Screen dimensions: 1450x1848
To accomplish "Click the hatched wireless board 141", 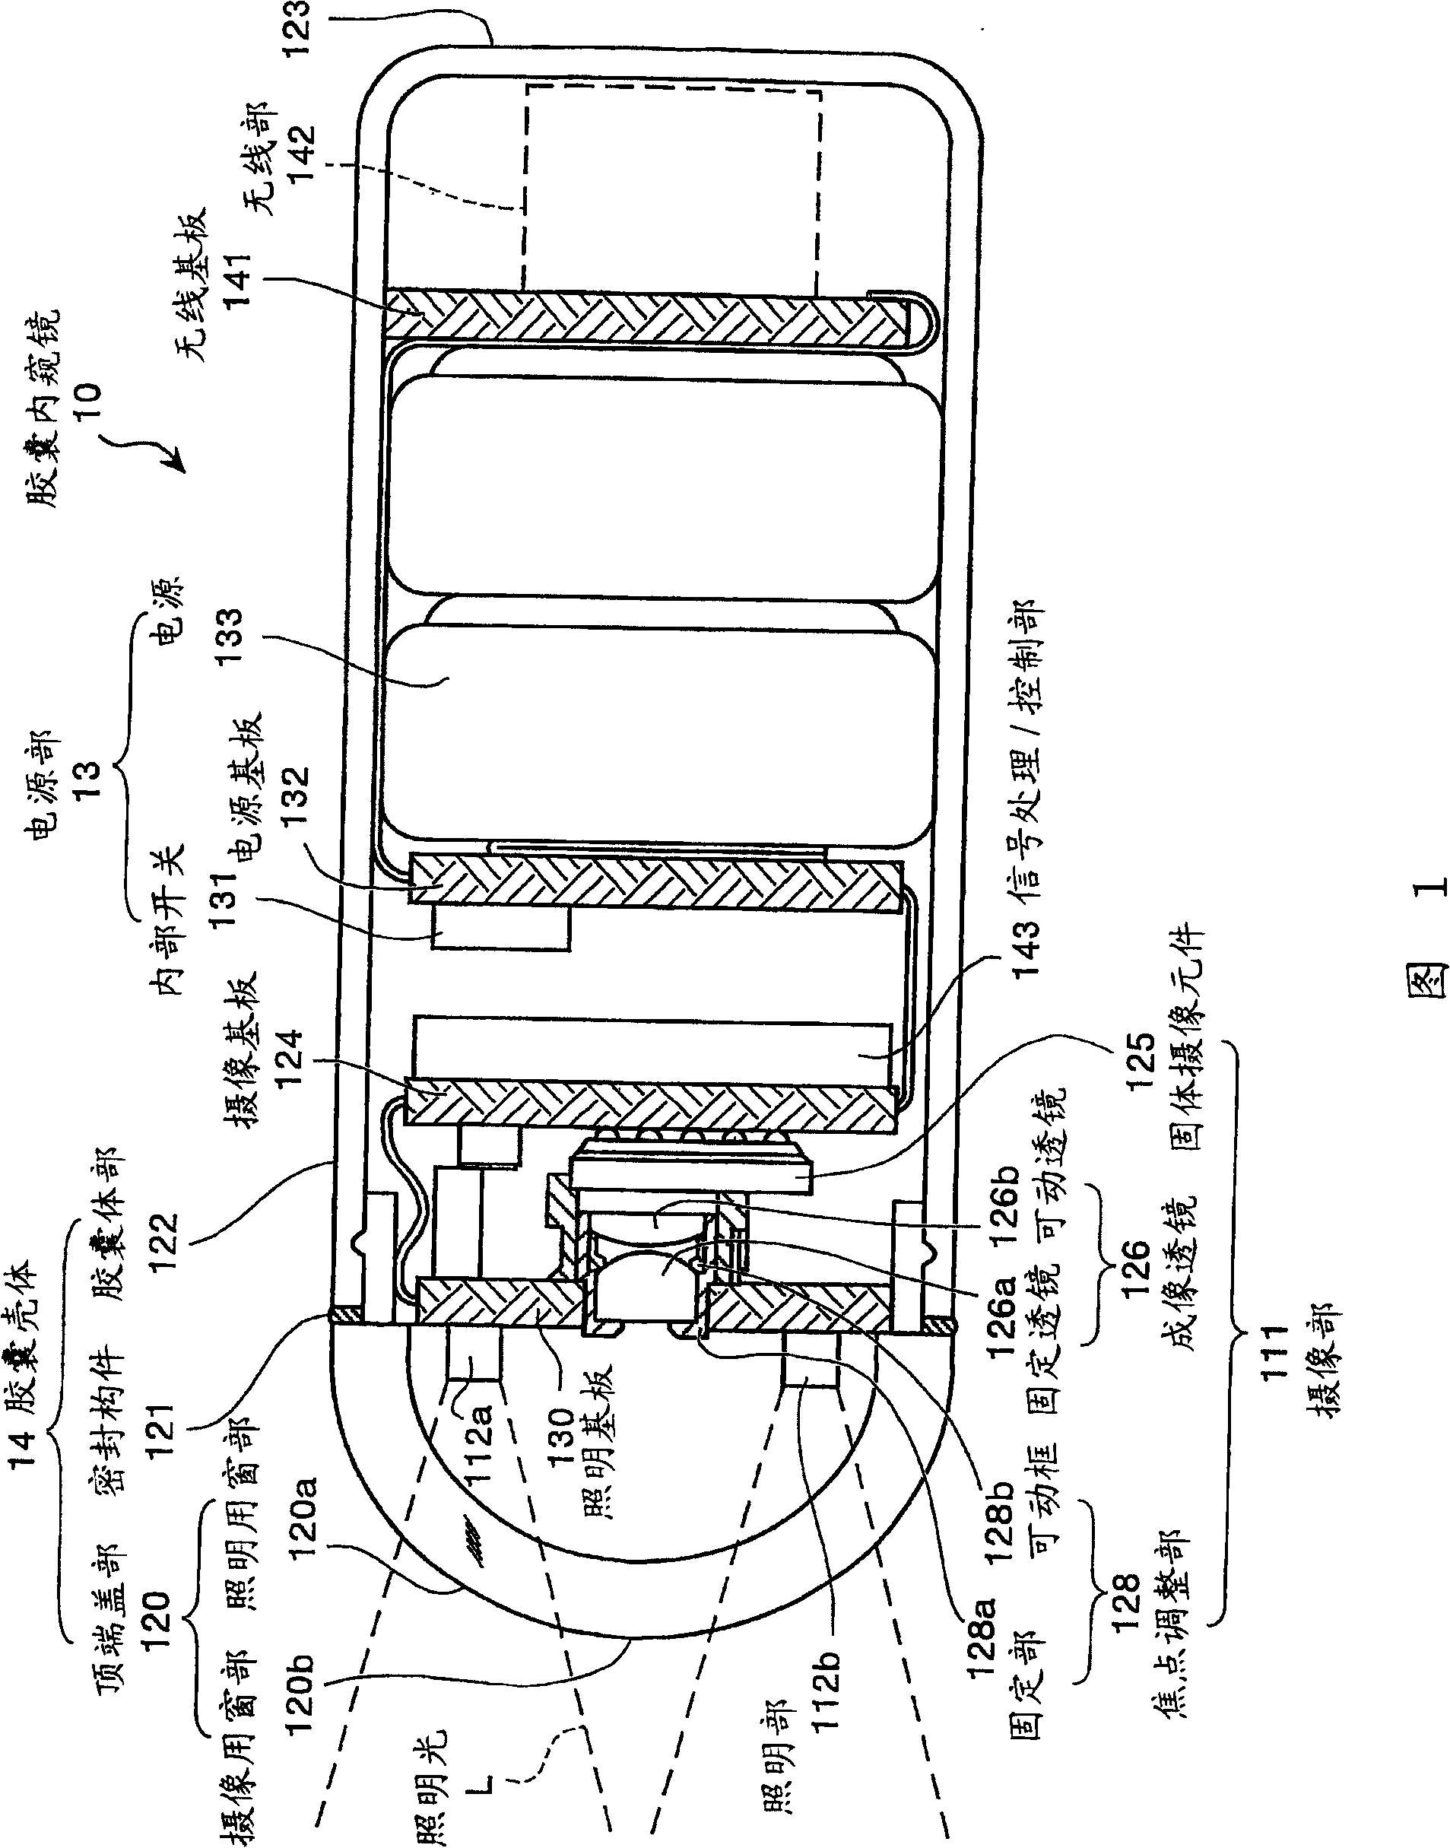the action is click(x=646, y=319).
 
